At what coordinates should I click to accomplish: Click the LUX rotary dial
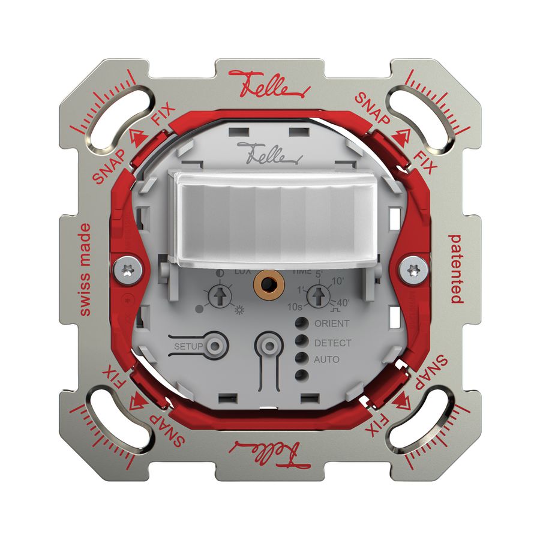pyautogui.click(x=220, y=296)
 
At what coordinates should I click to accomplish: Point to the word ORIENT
pyautogui.click(x=332, y=323)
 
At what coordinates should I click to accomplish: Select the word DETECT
pyautogui.click(x=332, y=343)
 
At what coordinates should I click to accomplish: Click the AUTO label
pyautogui.click(x=327, y=359)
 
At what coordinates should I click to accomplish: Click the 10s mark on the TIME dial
pyautogui.click(x=294, y=307)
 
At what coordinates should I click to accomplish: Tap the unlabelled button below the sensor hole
pyautogui.click(x=268, y=346)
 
